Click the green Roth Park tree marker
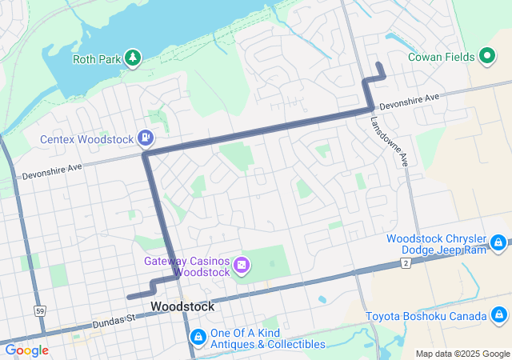(132, 58)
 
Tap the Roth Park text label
(95, 58)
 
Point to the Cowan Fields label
(442, 57)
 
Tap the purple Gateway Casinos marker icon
(241, 265)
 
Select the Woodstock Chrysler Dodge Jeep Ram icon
(498, 242)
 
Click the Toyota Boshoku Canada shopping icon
(498, 314)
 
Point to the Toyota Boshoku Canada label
(426, 315)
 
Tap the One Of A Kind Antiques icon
(198, 337)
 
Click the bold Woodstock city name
(182, 306)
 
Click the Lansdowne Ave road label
(389, 141)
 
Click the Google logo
(26, 350)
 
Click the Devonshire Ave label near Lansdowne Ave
(409, 102)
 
